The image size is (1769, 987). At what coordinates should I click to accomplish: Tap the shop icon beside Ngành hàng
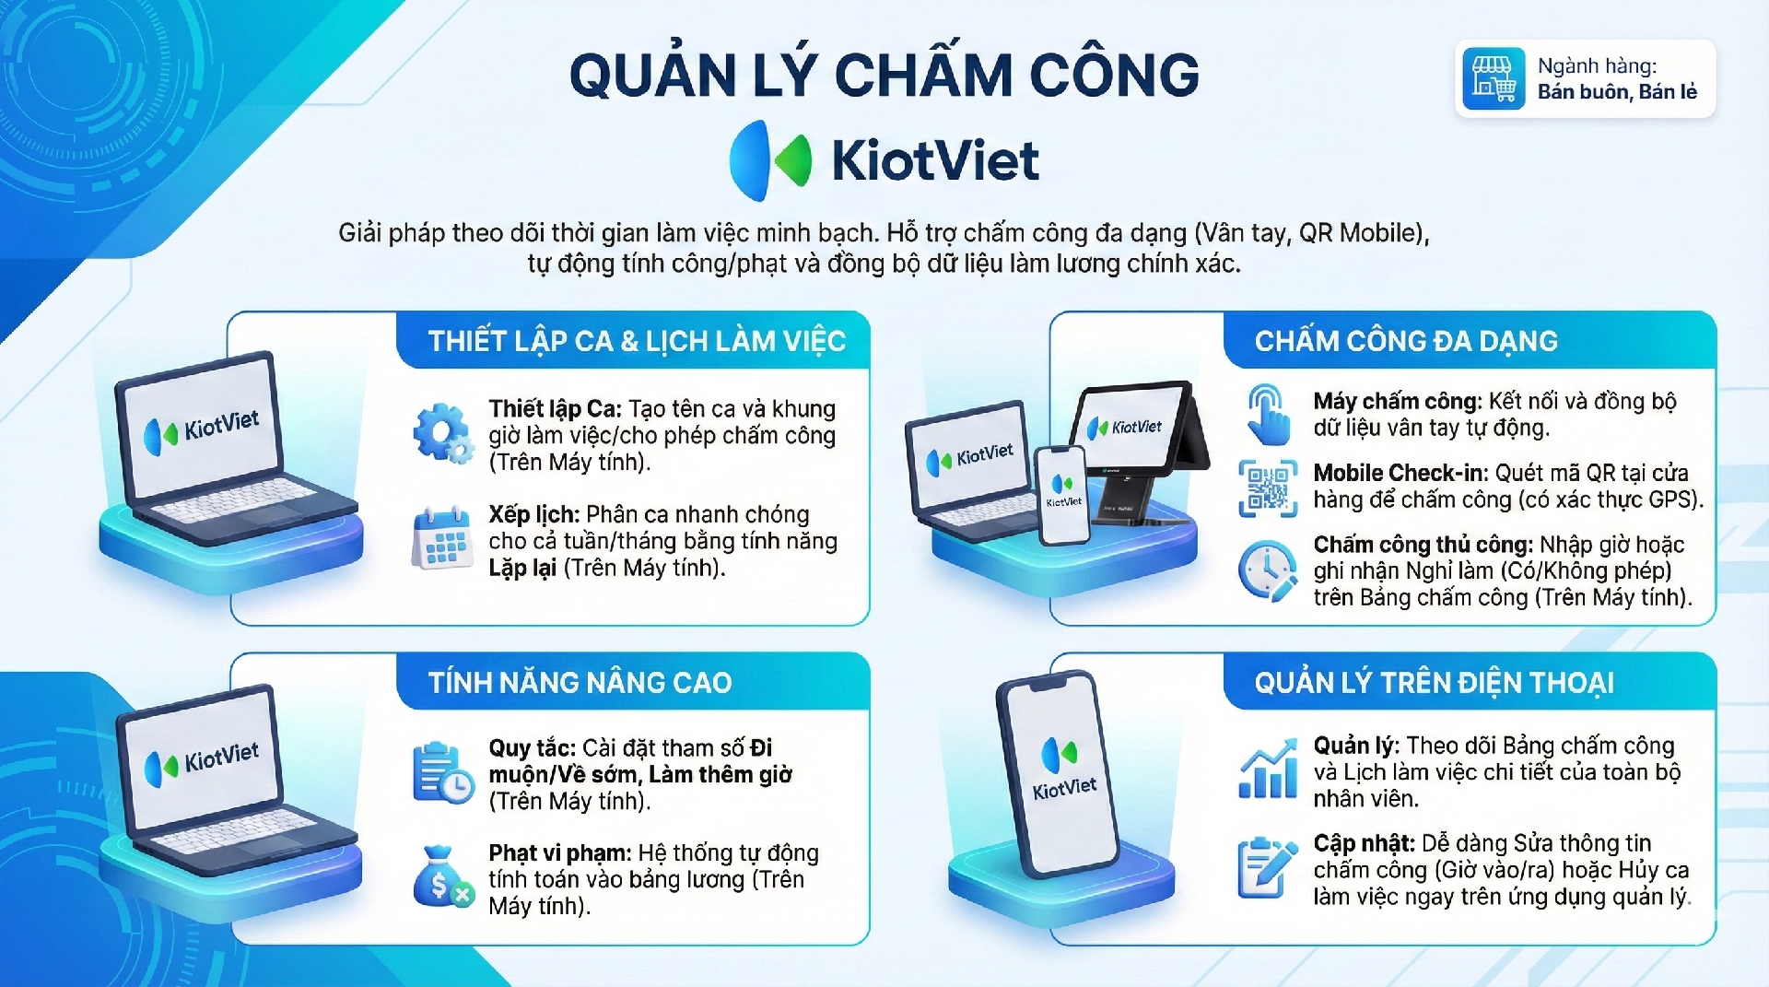click(x=1494, y=78)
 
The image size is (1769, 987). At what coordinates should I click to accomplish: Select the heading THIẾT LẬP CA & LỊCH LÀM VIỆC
click(x=637, y=341)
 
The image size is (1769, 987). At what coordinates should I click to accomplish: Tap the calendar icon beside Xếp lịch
click(x=442, y=538)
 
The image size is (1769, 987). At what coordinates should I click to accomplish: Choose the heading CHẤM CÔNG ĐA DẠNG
click(x=1406, y=341)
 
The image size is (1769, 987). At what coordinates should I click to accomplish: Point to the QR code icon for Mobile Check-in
click(x=1268, y=488)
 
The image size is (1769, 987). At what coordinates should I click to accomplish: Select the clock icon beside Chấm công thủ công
click(x=1268, y=570)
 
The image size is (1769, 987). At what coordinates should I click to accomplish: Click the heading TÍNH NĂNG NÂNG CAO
click(x=580, y=683)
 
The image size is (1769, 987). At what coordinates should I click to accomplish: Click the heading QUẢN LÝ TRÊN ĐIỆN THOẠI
click(x=1435, y=683)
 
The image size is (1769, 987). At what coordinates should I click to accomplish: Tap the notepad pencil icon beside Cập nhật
click(x=1268, y=868)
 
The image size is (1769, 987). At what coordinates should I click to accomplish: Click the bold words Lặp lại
click(x=522, y=568)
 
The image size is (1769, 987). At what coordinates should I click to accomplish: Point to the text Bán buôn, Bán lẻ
click(x=1617, y=91)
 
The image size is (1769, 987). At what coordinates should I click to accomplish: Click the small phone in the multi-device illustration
click(x=1063, y=495)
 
